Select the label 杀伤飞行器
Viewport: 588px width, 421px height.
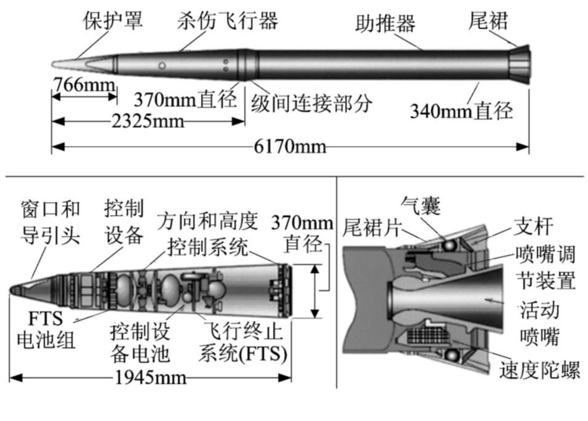pos(227,20)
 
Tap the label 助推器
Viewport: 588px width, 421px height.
pos(385,23)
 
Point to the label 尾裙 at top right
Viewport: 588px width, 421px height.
pos(488,20)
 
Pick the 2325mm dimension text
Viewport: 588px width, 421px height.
pos(148,121)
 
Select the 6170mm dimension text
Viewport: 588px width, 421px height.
pos(290,147)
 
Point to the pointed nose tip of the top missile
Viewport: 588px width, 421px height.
pos(54,63)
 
